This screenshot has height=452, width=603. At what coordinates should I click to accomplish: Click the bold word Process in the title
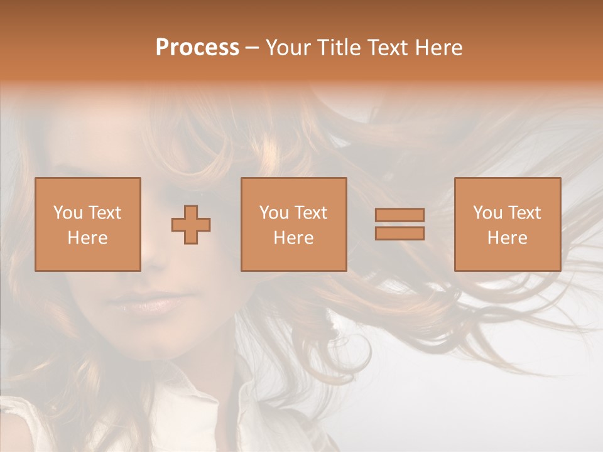(197, 48)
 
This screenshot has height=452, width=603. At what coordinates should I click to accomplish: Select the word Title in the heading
(337, 48)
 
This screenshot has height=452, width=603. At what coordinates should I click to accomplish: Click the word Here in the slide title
(440, 48)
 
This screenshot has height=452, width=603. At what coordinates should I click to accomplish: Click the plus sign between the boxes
(191, 224)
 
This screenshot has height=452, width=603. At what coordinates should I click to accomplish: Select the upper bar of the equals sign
(399, 215)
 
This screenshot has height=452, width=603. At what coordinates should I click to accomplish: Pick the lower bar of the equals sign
(399, 234)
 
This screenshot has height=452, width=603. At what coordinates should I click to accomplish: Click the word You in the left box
(67, 213)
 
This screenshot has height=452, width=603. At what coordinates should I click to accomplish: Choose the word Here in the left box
(87, 238)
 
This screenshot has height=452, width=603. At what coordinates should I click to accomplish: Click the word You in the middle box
(274, 213)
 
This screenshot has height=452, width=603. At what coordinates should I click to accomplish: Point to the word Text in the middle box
(310, 213)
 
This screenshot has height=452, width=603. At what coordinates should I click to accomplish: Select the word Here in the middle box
(293, 238)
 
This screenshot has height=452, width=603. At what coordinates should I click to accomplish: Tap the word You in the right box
(487, 213)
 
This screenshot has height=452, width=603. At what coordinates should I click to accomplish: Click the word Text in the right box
(524, 213)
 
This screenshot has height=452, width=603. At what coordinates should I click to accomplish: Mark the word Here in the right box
(507, 238)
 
